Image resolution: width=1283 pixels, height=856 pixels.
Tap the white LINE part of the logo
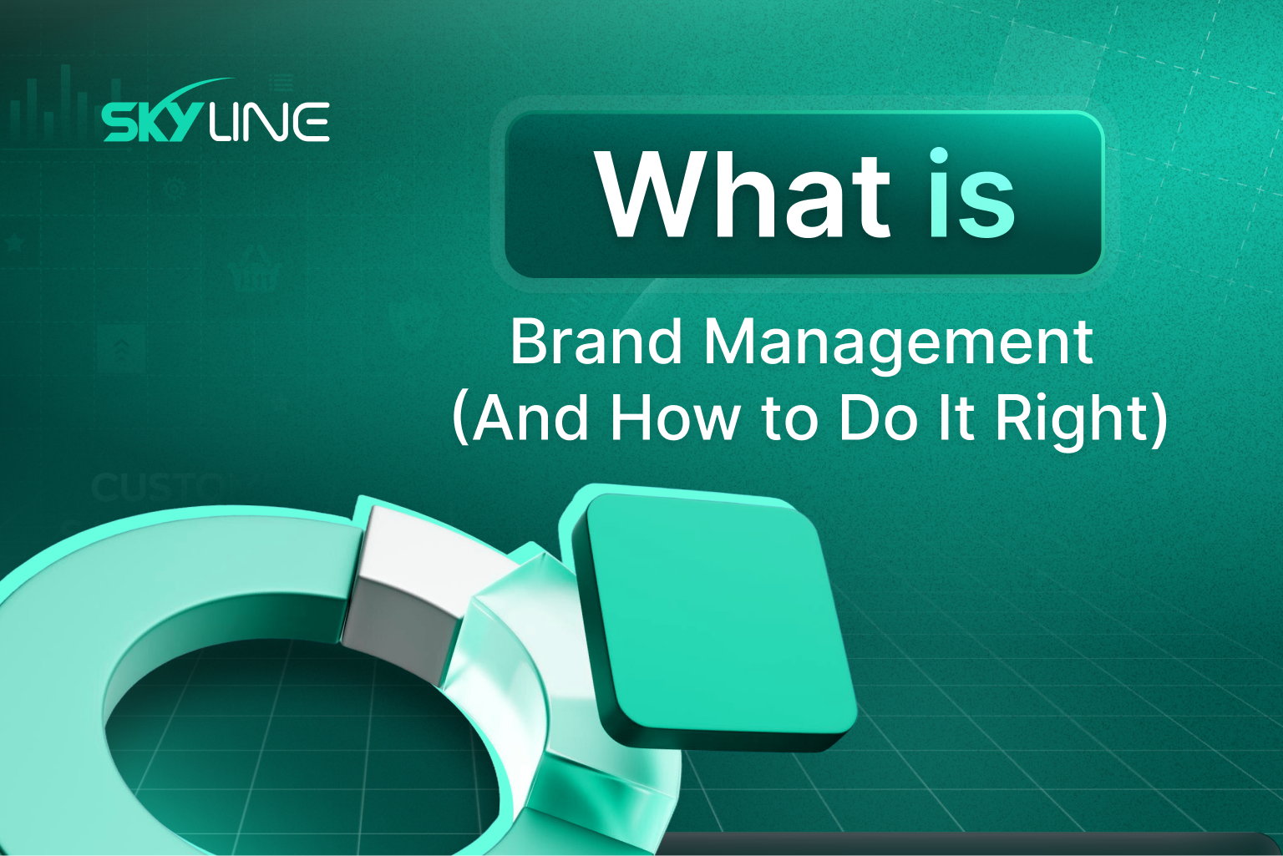pos(269,122)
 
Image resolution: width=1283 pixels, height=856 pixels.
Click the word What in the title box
pos(743,195)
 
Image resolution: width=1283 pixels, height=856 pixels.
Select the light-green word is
pos(971,195)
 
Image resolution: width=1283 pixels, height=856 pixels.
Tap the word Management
pos(898,342)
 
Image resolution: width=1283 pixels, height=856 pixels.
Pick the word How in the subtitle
pos(674,417)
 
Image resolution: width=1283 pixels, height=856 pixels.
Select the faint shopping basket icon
pos(253,269)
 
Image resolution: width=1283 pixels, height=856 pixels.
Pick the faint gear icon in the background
pos(175,189)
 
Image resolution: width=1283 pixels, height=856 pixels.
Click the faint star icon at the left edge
pos(14,243)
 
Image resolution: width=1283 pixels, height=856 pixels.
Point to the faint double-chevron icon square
pos(121,348)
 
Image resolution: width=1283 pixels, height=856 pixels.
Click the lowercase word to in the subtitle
pos(788,418)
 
